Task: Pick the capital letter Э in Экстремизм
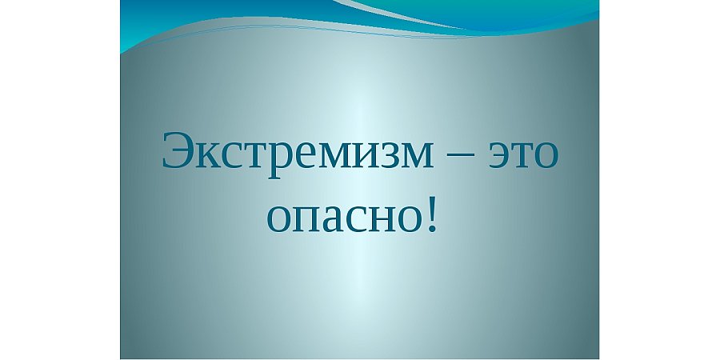178,150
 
